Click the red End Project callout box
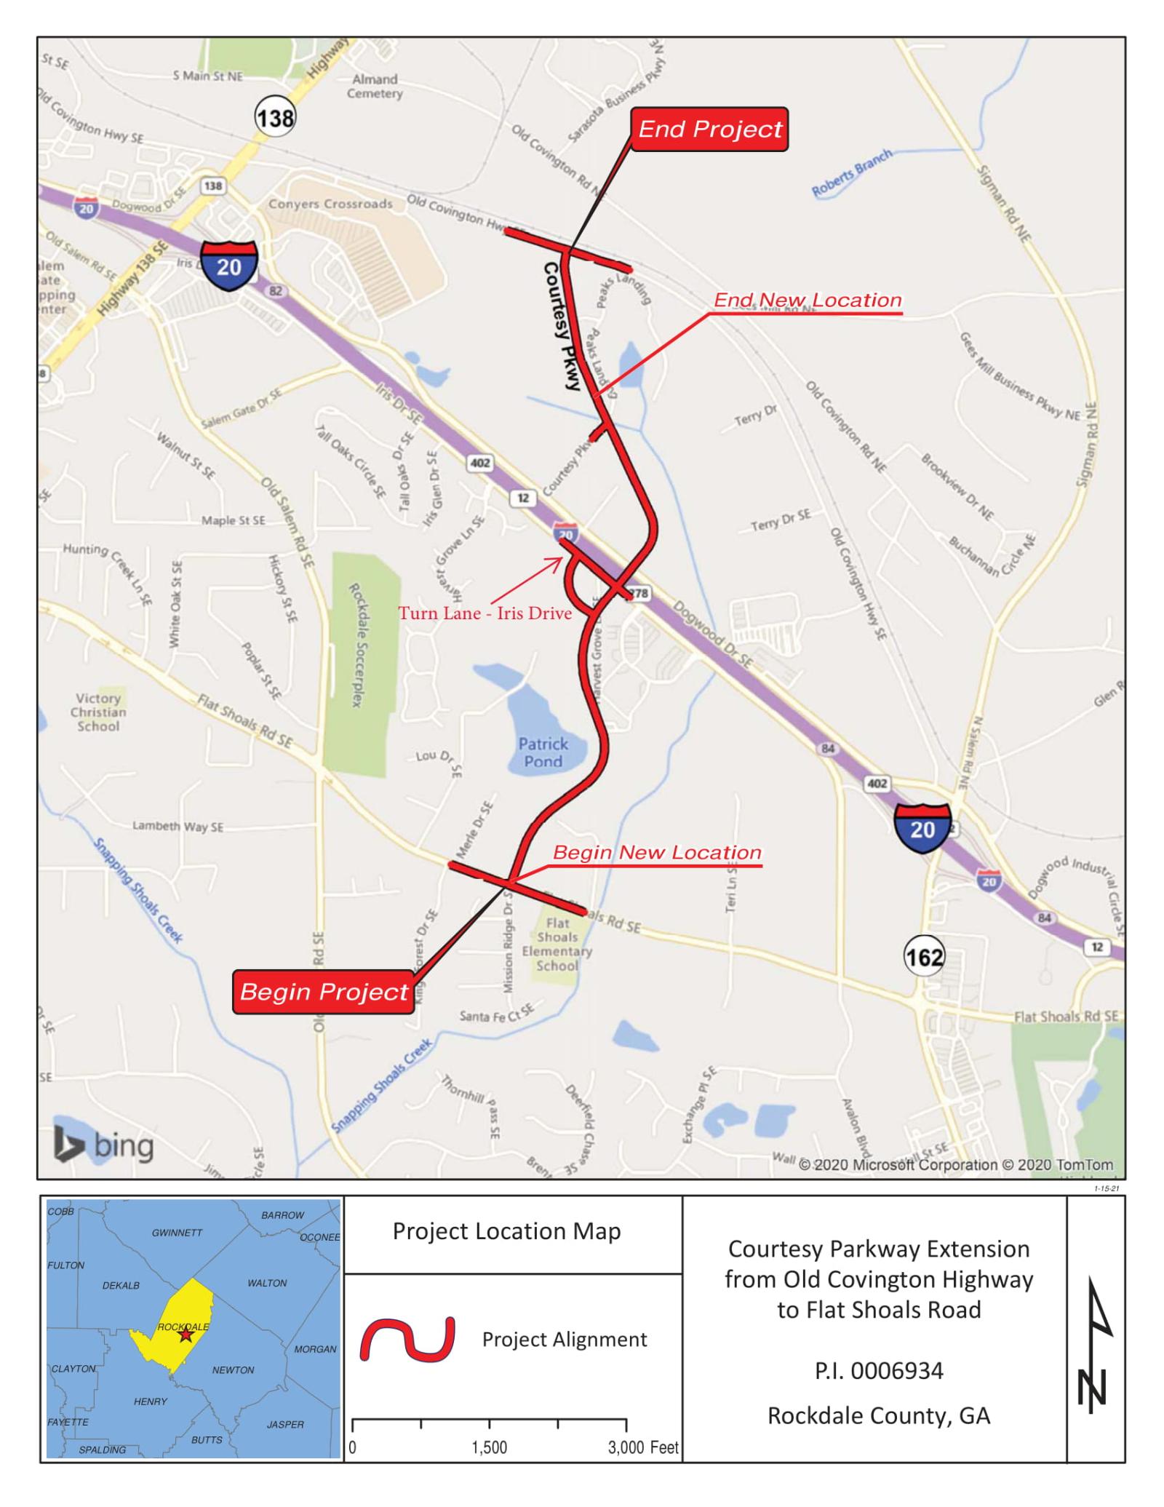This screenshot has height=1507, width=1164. [709, 130]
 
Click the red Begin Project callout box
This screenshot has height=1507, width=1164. [324, 992]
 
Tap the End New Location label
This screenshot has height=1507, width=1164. [808, 300]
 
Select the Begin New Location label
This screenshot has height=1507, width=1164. [657, 852]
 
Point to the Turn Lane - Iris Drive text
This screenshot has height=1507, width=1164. [485, 613]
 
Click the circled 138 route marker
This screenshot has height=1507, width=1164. [275, 117]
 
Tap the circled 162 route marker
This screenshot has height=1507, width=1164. [924, 955]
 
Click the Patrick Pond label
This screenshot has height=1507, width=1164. [543, 752]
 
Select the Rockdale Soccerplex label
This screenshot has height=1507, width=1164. [356, 645]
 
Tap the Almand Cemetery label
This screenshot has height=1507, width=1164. [375, 87]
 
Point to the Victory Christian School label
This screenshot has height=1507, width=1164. [98, 712]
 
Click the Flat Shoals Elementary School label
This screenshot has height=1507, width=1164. [557, 945]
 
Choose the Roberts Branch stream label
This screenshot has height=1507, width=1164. [851, 172]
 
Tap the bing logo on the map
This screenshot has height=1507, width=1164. [103, 1146]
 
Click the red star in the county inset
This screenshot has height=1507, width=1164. [186, 1335]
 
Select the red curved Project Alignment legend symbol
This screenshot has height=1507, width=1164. [407, 1339]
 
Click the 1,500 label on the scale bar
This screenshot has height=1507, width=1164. [489, 1447]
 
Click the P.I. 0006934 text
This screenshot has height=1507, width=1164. [879, 1371]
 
